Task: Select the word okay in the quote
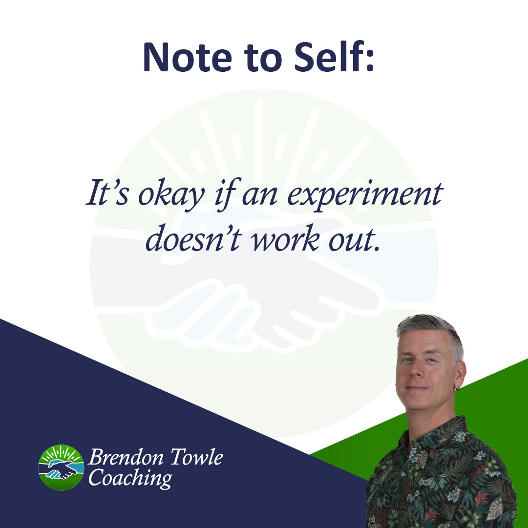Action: [171, 196]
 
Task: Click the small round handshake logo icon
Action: [61, 467]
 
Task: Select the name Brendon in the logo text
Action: [126, 457]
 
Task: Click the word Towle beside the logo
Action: [196, 457]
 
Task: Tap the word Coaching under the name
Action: [130, 478]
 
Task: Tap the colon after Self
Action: [370, 61]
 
